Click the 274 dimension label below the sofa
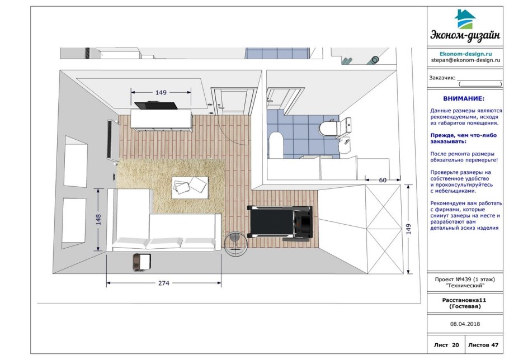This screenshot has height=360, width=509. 163,283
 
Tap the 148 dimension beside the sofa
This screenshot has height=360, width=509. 98,220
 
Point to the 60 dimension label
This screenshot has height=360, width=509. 383,181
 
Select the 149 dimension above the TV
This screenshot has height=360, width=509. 161,92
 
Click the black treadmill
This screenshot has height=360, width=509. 280,223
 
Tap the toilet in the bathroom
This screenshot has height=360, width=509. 335,128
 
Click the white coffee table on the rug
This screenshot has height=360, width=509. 190,187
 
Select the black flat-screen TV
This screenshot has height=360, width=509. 156,105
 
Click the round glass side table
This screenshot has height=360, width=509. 235,244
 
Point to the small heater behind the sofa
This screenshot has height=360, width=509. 142,262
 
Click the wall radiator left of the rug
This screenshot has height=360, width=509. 111,139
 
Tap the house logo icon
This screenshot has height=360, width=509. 465,19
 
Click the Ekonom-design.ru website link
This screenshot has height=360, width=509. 465,54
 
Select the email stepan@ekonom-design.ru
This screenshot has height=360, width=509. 465,60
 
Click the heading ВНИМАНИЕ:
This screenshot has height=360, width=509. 464,98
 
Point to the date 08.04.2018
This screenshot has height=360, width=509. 465,324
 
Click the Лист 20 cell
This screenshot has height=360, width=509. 446,345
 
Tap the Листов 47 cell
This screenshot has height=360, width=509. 483,345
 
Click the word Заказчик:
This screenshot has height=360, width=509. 442,78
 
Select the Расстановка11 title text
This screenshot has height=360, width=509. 465,300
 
